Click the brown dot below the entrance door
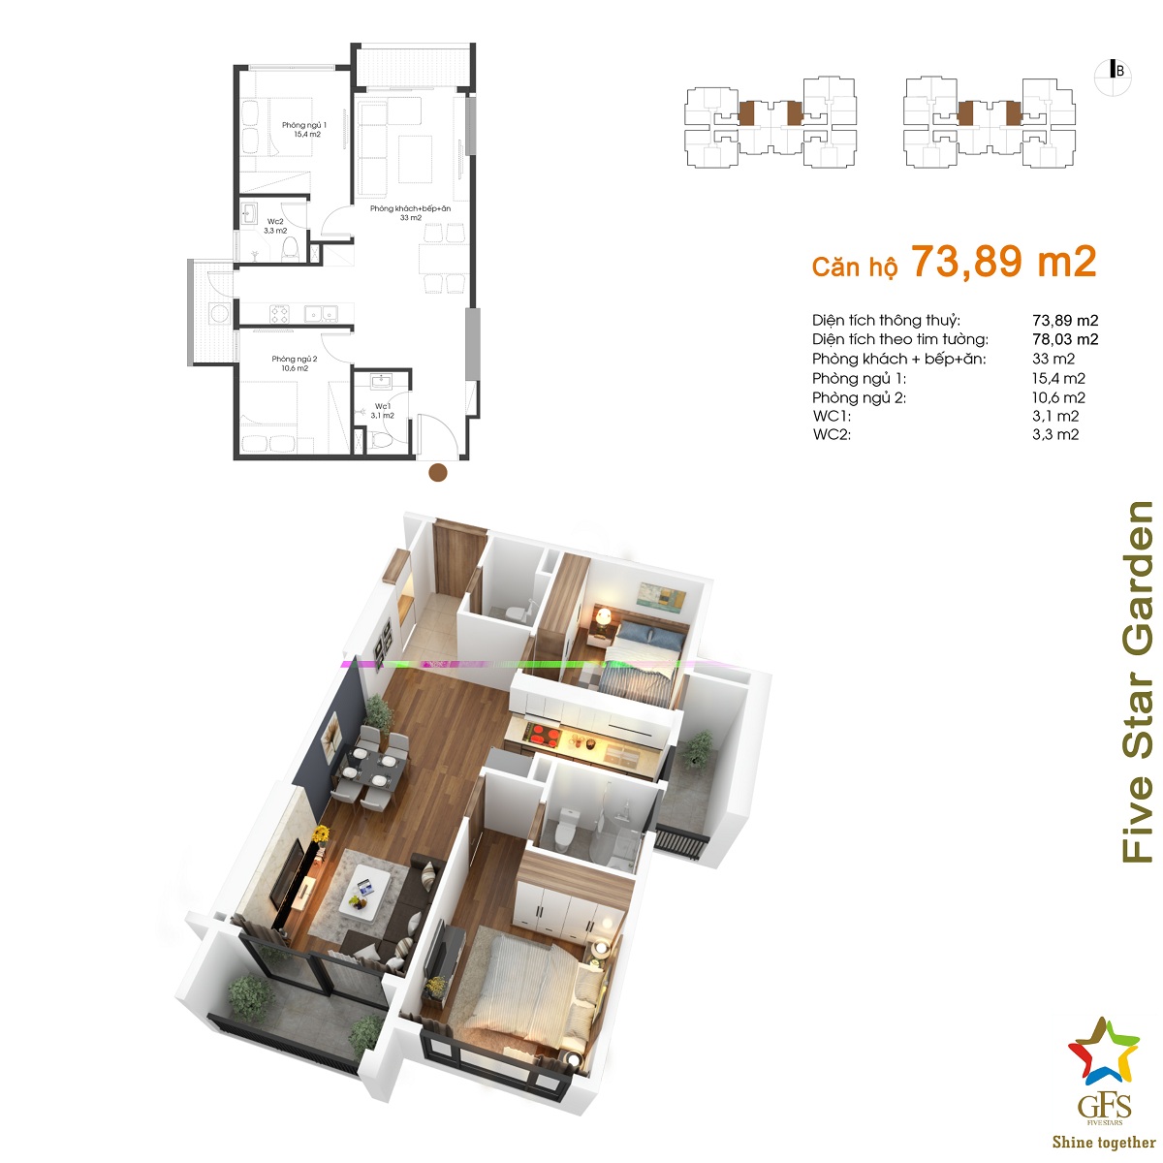coord(437,473)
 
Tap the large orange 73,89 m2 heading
coord(1003,262)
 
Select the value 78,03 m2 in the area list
coord(1065,339)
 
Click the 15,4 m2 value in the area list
coord(1058,378)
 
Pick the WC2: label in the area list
coord(832,434)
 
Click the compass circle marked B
coord(1113,78)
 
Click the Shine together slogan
coord(1104,1142)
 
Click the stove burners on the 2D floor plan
coord(279,314)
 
